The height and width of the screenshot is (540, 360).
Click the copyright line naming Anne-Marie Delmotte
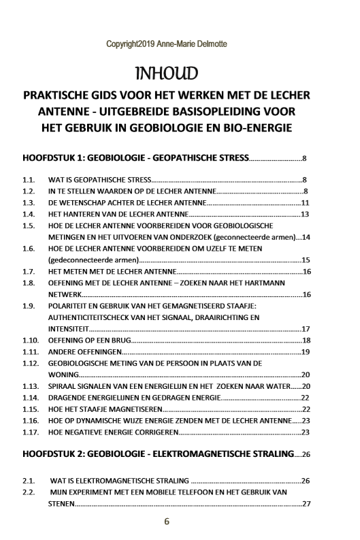tap(167, 45)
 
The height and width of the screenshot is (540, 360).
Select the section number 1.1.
tap(29, 180)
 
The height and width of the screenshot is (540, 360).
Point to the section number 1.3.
tap(29, 203)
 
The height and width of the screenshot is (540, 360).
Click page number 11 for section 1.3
tap(306, 203)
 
